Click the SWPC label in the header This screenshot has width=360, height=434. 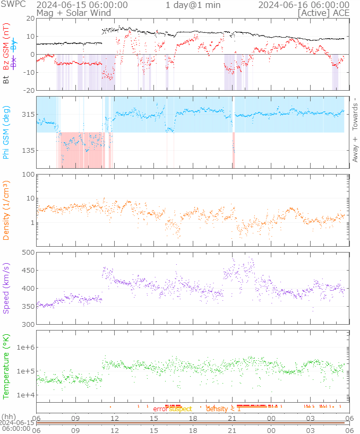12,5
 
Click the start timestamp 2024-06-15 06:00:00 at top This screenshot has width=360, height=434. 82,5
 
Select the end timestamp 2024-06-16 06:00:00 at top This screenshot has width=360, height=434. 304,5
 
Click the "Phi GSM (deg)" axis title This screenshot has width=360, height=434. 6,133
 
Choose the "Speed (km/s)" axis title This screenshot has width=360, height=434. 6,288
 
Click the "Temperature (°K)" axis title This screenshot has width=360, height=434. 6,366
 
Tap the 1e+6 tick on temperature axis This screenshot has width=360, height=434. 25,347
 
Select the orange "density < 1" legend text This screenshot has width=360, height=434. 224,409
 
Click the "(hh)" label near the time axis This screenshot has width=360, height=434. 8,417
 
